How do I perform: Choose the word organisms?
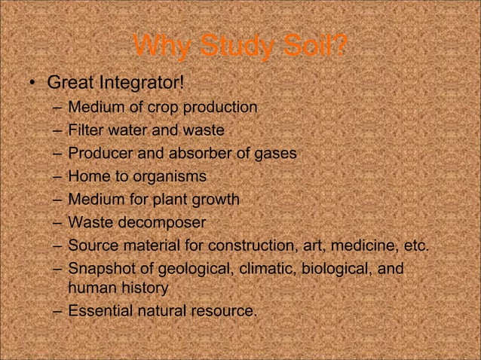pos(170,177)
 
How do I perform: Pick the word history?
pos(141,288)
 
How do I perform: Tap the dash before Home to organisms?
pos(57,177)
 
